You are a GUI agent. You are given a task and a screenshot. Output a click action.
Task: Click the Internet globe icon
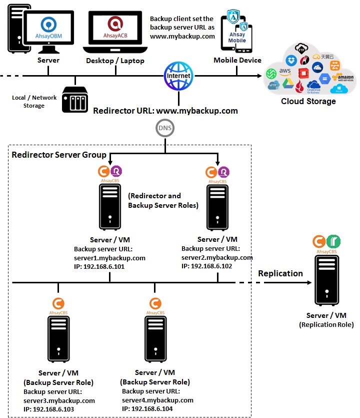[179, 76]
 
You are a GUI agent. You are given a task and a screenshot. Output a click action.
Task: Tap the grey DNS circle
[165, 128]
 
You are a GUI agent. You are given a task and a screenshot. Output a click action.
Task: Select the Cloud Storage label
[308, 101]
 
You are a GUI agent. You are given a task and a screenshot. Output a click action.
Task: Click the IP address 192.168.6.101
[99, 267]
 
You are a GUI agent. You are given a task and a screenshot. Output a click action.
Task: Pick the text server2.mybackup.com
[217, 257]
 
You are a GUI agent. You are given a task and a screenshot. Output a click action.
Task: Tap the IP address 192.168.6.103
[48, 409]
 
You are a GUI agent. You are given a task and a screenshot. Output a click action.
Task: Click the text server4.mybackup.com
[157, 400]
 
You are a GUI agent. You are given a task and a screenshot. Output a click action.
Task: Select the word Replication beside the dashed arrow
[280, 273]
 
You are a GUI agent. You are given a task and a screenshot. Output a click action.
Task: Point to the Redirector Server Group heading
[59, 155]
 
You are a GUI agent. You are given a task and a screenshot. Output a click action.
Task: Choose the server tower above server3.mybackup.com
[58, 341]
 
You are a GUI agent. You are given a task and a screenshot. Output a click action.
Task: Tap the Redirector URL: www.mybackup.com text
[165, 110]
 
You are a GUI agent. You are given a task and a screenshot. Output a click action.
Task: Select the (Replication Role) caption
[326, 325]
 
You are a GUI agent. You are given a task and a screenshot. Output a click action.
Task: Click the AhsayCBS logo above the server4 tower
[155, 304]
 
